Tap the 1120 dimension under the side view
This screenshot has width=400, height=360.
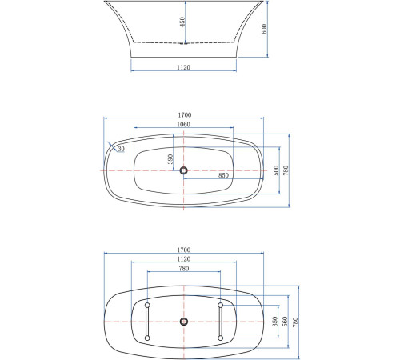185,68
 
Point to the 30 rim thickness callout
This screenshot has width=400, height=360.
121,149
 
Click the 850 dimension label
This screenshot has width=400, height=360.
223,174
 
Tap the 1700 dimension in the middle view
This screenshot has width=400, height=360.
185,115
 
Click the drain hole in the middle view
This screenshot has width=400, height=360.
185,170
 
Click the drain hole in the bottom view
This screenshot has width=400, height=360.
185,322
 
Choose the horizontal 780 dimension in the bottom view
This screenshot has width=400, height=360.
185,270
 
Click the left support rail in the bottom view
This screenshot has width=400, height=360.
147,322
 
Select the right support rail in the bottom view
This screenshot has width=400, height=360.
220,322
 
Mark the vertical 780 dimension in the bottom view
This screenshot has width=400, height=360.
296,322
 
